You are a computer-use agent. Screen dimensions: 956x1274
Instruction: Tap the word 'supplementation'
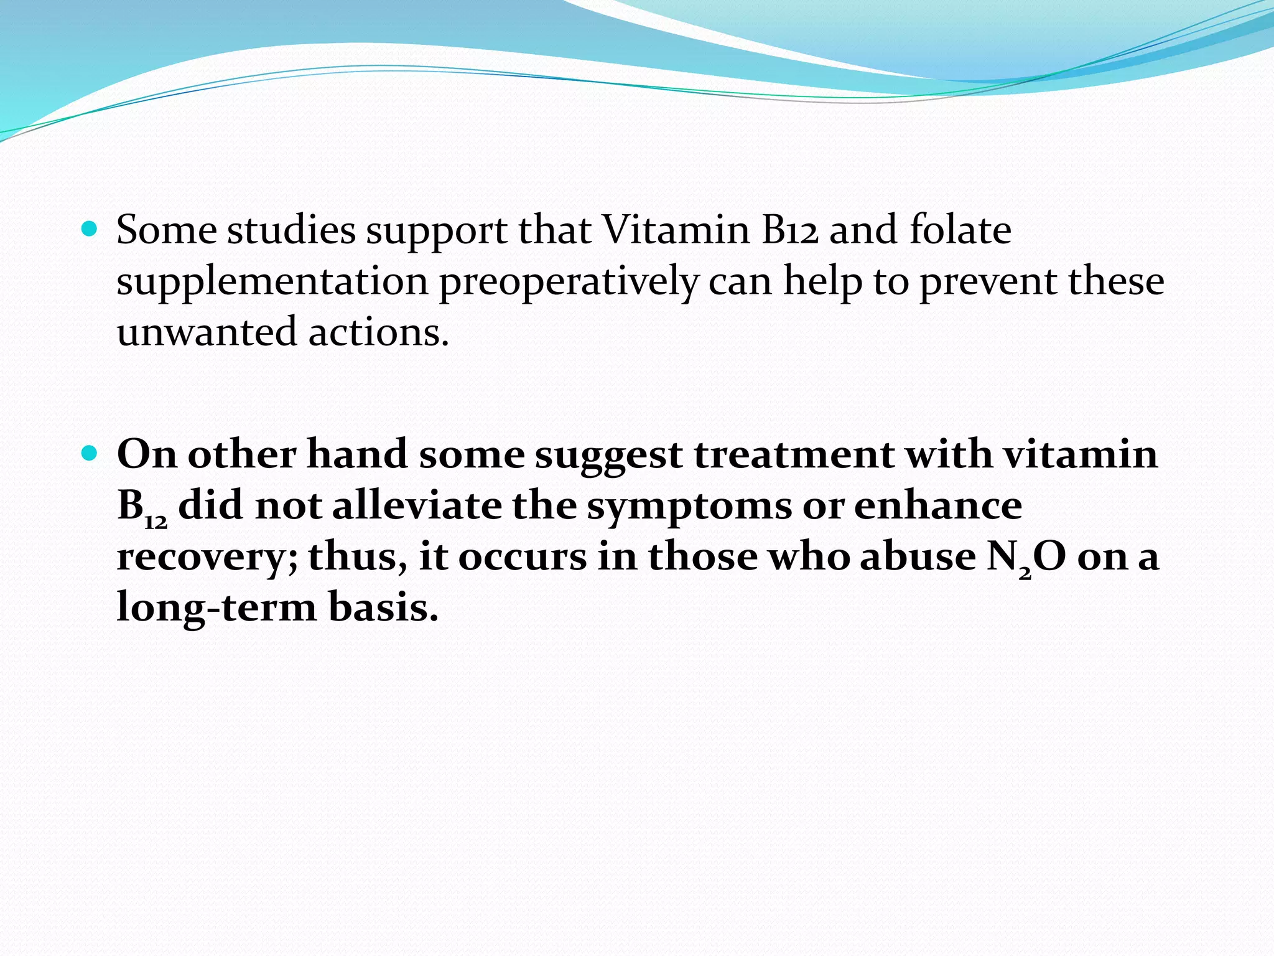click(272, 282)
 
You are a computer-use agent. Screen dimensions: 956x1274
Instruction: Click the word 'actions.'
click(378, 332)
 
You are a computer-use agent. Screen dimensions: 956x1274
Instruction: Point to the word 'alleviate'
click(416, 505)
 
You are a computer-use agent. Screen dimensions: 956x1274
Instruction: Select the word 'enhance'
click(937, 505)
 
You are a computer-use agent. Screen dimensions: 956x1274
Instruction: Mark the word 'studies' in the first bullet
click(291, 230)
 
